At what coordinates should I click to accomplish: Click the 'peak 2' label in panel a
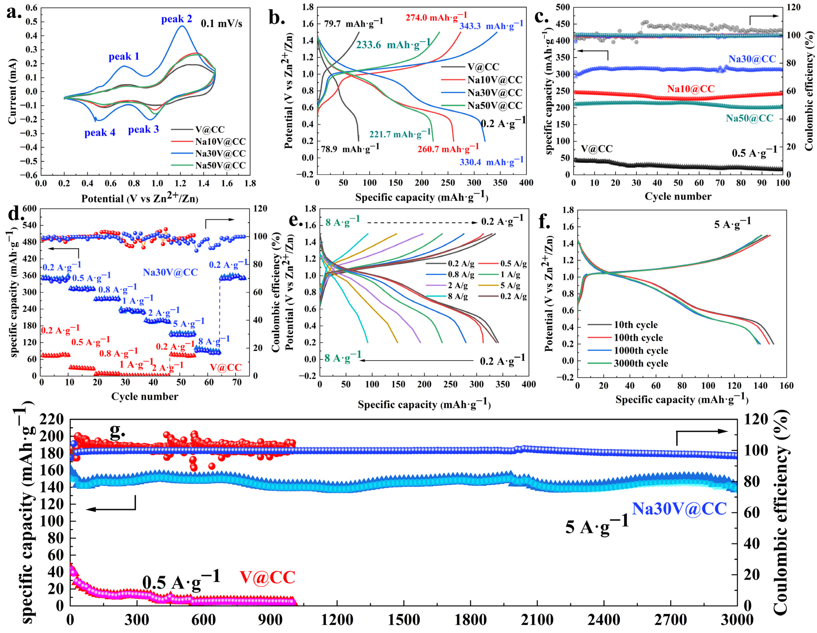tap(176, 19)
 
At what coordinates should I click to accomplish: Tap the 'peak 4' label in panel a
tap(99, 133)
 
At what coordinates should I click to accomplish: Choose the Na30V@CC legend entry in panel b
tap(495, 93)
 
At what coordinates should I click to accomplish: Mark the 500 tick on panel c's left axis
tap(563, 7)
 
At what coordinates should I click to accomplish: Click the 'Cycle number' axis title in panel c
tap(678, 196)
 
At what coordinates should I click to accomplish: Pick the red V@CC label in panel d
tap(226, 367)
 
